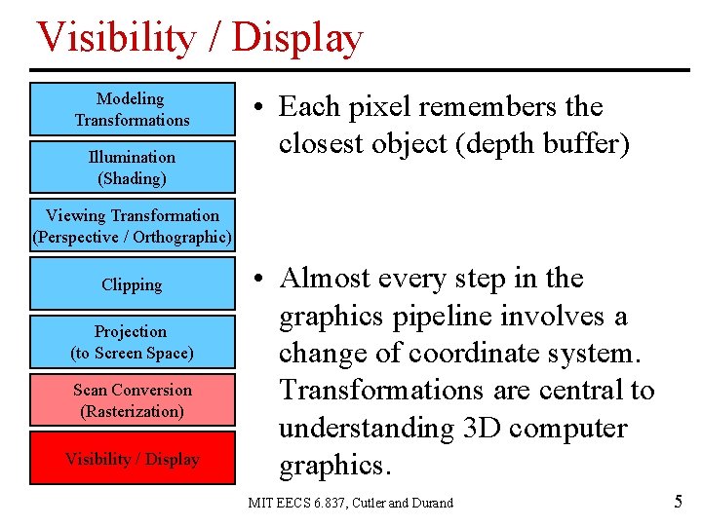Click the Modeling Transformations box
pyautogui.click(x=133, y=109)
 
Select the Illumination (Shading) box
pyautogui.click(x=133, y=168)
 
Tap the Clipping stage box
pyautogui.click(x=133, y=284)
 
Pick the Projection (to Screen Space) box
pyautogui.click(x=133, y=342)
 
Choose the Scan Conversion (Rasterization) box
pyautogui.click(x=133, y=400)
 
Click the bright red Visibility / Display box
pyautogui.click(x=133, y=459)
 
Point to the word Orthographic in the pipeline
pyautogui.click(x=181, y=237)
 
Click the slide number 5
pyautogui.click(x=678, y=503)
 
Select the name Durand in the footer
pyautogui.click(x=431, y=503)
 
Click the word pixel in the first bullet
pyautogui.click(x=387, y=107)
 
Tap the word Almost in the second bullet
pyautogui.click(x=327, y=279)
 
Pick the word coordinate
pyautogui.click(x=453, y=354)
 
